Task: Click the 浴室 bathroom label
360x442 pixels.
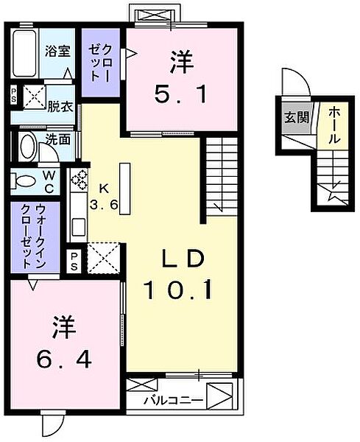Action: click(x=57, y=51)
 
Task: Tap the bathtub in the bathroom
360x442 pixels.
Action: click(x=25, y=53)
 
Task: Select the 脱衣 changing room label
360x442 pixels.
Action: click(x=60, y=107)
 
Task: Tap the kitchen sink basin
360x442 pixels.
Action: click(x=79, y=227)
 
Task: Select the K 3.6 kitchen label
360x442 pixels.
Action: click(x=104, y=197)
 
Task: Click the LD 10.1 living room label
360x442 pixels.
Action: click(x=178, y=274)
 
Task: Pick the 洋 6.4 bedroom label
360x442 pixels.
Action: click(x=64, y=343)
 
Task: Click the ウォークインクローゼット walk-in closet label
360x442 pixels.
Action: click(x=33, y=236)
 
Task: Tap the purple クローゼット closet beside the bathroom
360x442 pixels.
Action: click(x=101, y=63)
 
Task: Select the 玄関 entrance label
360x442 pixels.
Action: click(x=297, y=117)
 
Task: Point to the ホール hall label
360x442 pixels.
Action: click(x=333, y=125)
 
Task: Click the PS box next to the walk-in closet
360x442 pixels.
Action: click(x=74, y=261)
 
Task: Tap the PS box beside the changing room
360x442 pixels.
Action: click(x=13, y=95)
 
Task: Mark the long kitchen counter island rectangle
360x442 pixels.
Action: click(x=125, y=189)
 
